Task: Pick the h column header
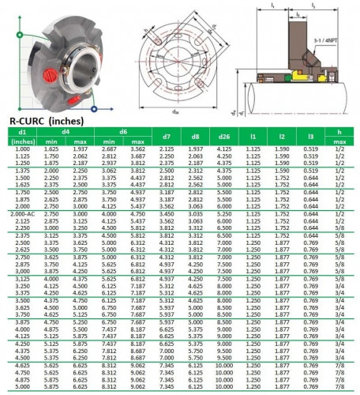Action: (337, 130)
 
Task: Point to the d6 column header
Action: (123, 130)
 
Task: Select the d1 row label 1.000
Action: (22, 149)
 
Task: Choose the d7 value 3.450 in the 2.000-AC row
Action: (167, 213)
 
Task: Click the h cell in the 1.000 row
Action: (337, 149)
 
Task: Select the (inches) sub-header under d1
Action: (22, 140)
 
